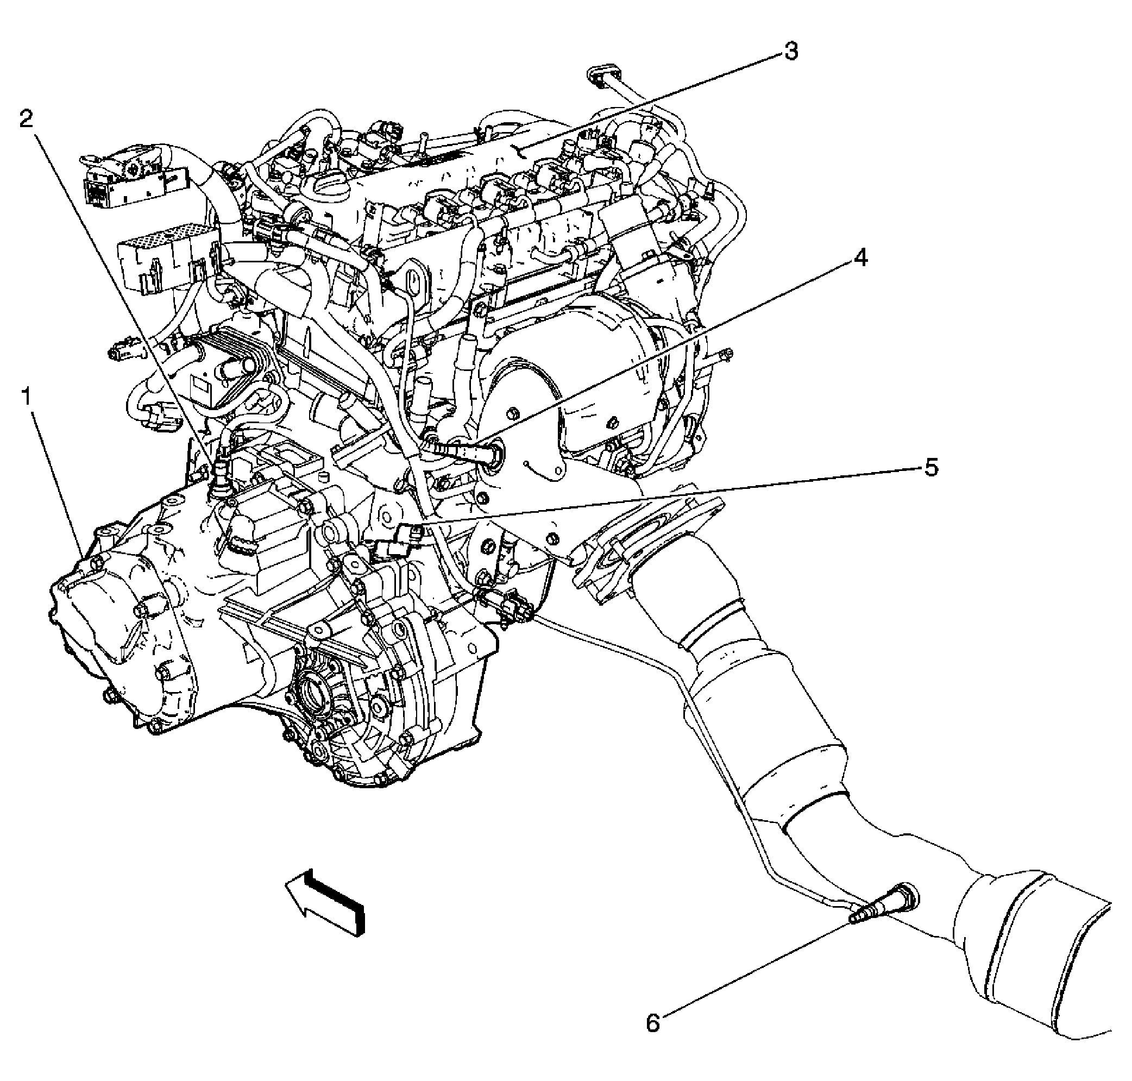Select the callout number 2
tap(27, 120)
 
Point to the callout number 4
tap(859, 258)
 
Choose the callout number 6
tap(653, 1023)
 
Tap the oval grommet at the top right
tap(605, 76)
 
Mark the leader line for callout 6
tap(754, 974)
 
